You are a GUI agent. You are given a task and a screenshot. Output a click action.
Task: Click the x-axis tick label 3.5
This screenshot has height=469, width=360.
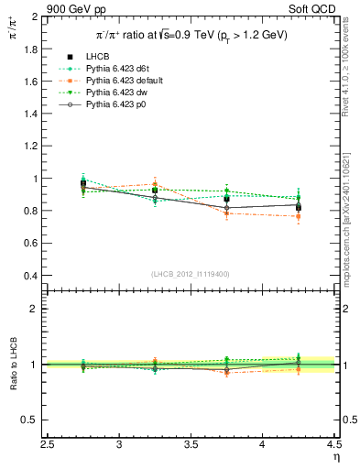click(191, 446)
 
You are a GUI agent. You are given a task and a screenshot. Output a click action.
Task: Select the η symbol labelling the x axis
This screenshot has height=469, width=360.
click(336, 458)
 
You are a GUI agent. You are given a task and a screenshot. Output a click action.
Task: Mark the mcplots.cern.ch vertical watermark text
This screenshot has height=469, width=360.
click(350, 211)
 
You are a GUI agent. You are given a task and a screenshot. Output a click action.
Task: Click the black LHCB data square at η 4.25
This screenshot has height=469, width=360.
click(298, 207)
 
